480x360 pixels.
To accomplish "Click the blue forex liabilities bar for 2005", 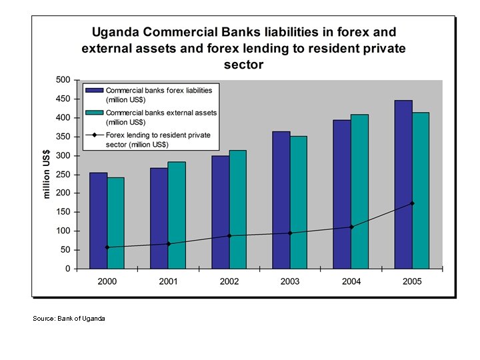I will (403, 185).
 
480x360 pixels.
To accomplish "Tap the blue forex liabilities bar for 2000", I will (98, 221).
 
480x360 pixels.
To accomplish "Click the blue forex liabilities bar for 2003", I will (281, 200).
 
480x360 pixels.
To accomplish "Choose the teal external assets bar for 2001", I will (177, 215).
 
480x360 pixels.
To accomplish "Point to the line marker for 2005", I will (412, 203).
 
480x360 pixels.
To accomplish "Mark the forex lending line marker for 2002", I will (229, 236).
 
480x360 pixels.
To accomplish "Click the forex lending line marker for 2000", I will (107, 247).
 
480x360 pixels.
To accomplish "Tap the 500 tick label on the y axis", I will (63, 80).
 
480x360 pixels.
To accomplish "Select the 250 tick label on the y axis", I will (63, 175).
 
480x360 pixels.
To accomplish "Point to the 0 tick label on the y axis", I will (67, 269).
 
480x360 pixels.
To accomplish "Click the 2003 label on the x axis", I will (290, 281).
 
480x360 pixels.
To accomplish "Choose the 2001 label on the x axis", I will (168, 281).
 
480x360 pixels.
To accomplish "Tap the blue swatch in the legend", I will (94, 90).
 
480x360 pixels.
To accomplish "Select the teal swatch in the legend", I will (94, 113).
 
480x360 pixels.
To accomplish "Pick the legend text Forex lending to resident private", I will (158, 135).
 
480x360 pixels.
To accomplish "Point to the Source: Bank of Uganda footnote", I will (69, 319).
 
